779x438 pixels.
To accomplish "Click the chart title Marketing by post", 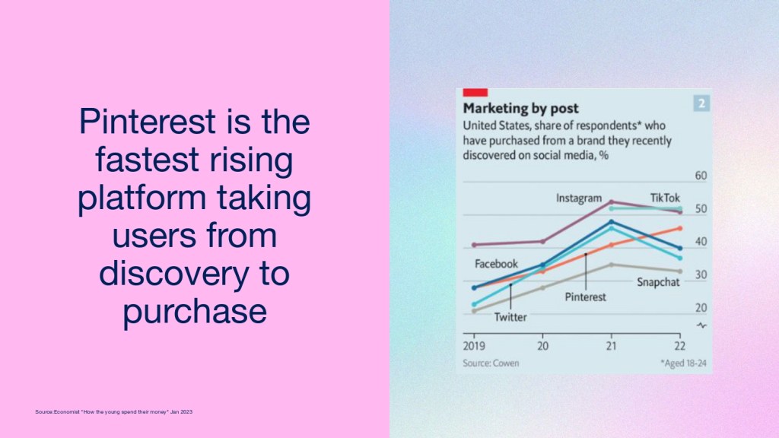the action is click(520, 108).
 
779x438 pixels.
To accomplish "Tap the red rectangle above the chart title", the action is click(475, 92).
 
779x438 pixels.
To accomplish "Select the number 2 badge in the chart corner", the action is click(701, 103).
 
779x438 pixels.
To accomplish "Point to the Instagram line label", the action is click(579, 198).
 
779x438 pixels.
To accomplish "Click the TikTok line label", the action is click(665, 198).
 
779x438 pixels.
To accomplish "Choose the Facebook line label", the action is click(496, 264).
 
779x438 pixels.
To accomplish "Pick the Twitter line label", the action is click(510, 317).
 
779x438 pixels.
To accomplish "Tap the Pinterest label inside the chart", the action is click(585, 297).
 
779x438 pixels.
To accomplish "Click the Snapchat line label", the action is click(658, 282).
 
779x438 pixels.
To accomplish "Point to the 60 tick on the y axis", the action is click(701, 176).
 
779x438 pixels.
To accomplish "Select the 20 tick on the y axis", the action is click(701, 308).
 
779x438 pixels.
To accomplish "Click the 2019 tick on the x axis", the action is click(474, 346).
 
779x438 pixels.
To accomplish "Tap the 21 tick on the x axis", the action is click(611, 346).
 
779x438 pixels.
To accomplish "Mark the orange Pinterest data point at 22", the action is click(680, 228).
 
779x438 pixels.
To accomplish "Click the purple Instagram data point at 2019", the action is click(474, 245).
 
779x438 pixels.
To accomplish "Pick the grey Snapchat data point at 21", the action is click(612, 265).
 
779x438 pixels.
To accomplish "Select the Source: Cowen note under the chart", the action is click(491, 363).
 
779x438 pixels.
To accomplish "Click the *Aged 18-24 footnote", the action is click(683, 363).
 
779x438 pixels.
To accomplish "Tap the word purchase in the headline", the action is click(195, 311).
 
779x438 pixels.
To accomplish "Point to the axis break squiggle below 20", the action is click(701, 325).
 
